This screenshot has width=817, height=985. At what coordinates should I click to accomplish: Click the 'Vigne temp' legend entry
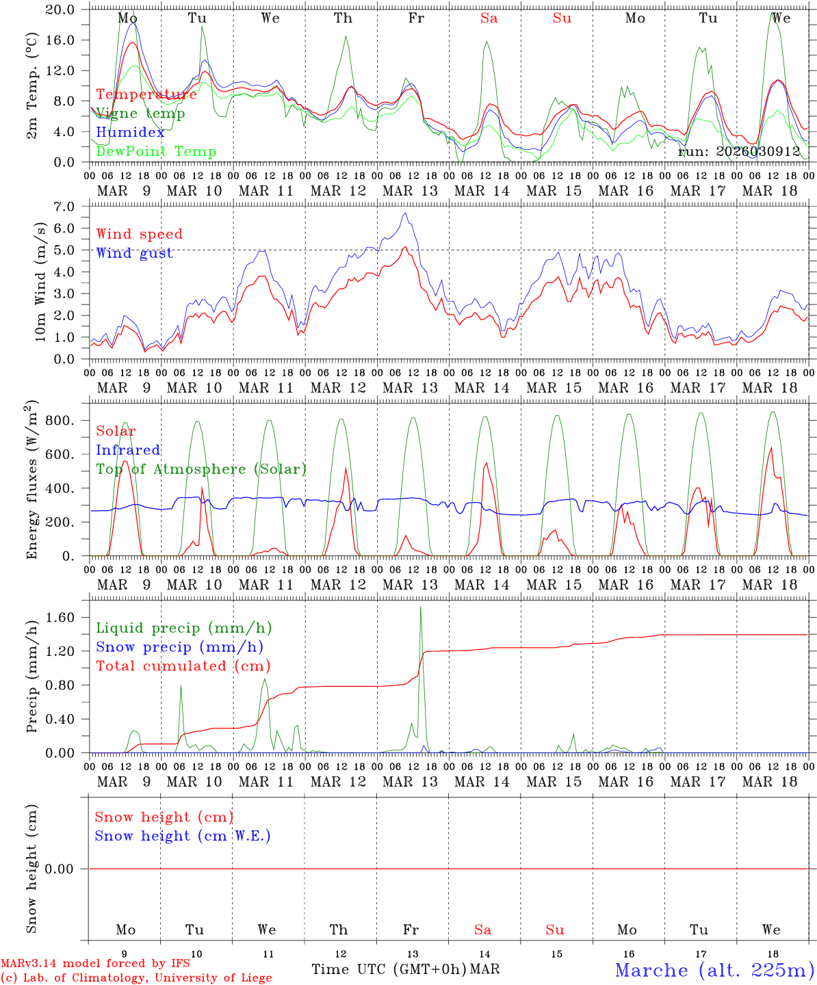(140, 114)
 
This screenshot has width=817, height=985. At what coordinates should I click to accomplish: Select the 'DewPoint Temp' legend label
(156, 151)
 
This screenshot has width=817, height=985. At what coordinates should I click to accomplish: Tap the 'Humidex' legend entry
(130, 133)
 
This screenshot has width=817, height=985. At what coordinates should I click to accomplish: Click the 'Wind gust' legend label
(134, 253)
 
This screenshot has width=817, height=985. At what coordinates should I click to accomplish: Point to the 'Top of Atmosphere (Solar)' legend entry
(201, 469)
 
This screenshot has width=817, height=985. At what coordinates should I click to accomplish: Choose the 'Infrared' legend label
(128, 450)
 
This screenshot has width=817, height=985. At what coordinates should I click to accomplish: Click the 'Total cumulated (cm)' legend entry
(183, 666)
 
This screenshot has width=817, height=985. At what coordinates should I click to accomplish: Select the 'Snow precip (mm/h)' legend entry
(179, 647)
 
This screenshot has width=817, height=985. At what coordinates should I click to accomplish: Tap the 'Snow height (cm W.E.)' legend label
(183, 836)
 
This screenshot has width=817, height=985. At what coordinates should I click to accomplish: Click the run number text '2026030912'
(757, 151)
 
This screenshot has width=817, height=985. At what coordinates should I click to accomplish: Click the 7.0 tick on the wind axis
(63, 207)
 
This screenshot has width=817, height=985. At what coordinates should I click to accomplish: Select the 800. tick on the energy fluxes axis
(59, 421)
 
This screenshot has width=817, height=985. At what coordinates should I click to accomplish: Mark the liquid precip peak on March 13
(420, 607)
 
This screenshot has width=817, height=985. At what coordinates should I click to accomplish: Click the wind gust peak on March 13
(405, 213)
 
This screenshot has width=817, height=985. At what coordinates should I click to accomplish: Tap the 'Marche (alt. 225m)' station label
(714, 970)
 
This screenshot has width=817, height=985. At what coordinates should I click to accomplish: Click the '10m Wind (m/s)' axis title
(40, 282)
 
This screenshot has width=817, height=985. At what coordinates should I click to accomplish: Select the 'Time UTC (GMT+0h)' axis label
(389, 969)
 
